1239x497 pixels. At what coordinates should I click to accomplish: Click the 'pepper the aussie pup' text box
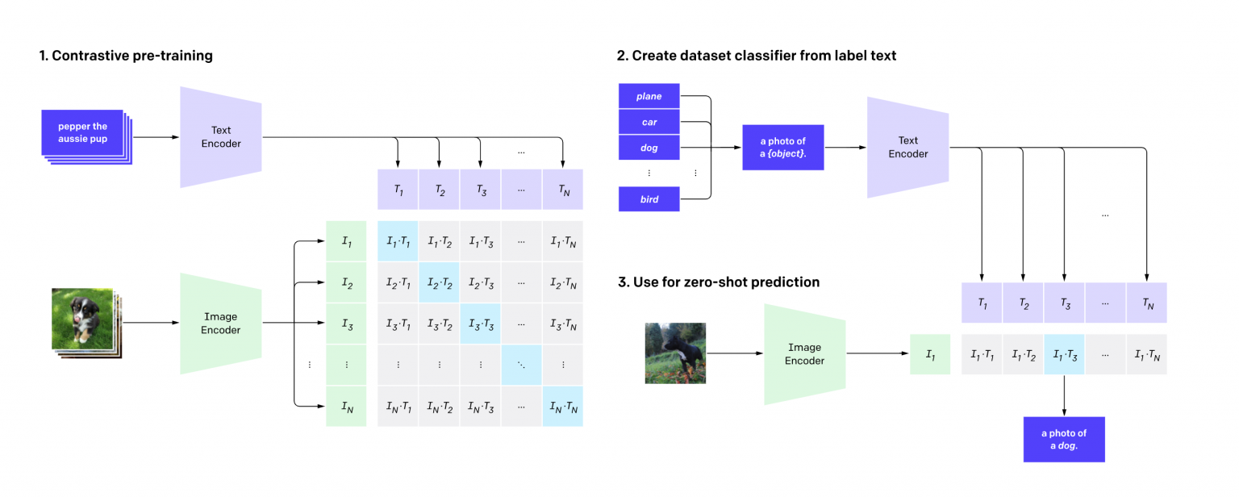[x=82, y=133]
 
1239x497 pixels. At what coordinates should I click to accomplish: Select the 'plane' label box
[x=649, y=96]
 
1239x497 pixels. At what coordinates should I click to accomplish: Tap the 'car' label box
[x=649, y=122]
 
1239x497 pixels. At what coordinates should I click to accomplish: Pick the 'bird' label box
[x=649, y=199]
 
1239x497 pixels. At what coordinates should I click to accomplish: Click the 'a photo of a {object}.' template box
[x=782, y=147]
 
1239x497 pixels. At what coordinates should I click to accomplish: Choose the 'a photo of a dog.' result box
[x=1064, y=440]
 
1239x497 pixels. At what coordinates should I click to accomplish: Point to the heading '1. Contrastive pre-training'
[x=126, y=56]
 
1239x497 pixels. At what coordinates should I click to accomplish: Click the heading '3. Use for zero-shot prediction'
[x=719, y=282]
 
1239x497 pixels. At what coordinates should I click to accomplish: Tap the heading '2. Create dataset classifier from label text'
[x=756, y=56]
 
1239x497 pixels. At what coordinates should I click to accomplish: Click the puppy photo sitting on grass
[x=82, y=319]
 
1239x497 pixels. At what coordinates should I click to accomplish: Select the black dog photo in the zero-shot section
[x=675, y=353]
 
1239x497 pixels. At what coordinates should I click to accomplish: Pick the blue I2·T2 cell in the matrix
[x=439, y=283]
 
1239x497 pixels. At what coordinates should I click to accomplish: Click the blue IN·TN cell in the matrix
[x=563, y=407]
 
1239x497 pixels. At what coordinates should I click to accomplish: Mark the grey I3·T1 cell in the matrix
[x=398, y=324]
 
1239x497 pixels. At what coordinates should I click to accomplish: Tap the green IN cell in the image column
[x=346, y=407]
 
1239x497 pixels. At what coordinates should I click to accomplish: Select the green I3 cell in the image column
[x=346, y=324]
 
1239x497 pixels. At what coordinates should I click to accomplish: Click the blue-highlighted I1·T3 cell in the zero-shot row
[x=1064, y=354]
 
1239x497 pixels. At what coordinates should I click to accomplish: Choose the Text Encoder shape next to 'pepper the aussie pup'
[x=221, y=136]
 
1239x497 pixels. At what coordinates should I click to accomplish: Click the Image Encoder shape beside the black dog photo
[x=805, y=354]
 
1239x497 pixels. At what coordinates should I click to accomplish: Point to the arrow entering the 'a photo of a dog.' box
[x=1064, y=395]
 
